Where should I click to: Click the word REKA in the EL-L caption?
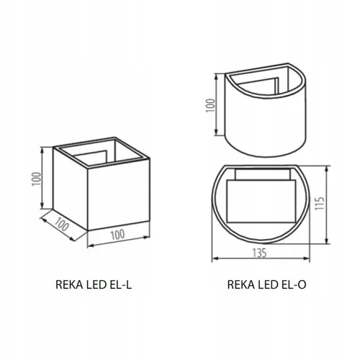pos(68,285)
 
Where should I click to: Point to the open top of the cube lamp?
pos(102,153)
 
